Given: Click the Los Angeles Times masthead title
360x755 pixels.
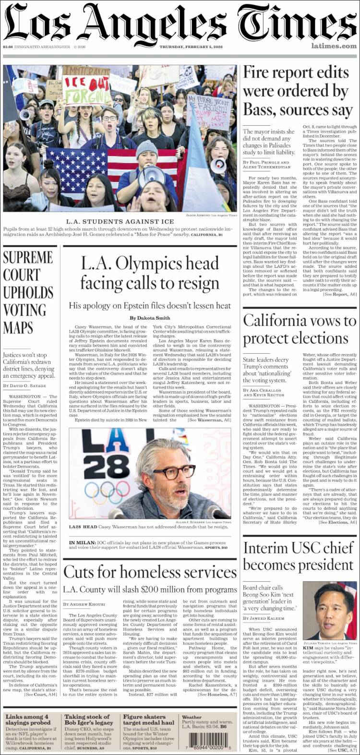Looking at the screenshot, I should point(180,22).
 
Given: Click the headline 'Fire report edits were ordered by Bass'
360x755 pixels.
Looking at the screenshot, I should point(296,91).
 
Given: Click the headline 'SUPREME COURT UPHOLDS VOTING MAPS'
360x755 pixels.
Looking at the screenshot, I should point(28,292).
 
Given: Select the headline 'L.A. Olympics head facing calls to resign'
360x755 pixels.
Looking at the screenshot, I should point(150,273).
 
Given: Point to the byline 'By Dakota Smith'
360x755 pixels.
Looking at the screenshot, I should point(150,318).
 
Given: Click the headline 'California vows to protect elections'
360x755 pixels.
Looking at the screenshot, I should point(299,329).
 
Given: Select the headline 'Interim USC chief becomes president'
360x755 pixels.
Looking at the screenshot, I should point(298,556).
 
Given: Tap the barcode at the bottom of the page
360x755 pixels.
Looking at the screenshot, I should point(207,739).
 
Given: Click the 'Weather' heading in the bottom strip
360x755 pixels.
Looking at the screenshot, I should point(192,717).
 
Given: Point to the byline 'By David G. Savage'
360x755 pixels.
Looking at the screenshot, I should point(25,385).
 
